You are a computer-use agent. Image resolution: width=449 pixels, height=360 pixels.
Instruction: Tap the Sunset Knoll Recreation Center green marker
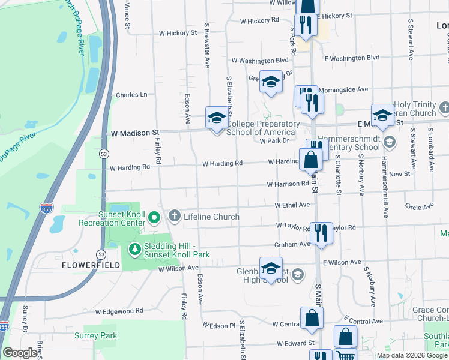click(x=154, y=217)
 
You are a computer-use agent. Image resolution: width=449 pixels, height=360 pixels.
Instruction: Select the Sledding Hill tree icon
click(x=135, y=248)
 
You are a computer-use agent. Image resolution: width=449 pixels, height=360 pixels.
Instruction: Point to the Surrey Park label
click(x=96, y=336)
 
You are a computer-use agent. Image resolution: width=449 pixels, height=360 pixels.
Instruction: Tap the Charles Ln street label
click(x=131, y=95)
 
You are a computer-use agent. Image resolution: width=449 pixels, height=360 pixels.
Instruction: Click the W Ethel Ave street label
click(x=292, y=205)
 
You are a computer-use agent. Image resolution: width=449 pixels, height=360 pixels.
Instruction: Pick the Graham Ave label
click(x=292, y=244)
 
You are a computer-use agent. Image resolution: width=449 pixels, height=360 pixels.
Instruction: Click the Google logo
click(x=20, y=353)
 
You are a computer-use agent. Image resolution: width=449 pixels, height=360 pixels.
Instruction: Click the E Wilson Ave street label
click(x=342, y=262)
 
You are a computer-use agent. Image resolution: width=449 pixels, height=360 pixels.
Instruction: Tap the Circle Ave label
click(x=419, y=206)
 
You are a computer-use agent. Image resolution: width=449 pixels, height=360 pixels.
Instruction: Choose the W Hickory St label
click(x=178, y=33)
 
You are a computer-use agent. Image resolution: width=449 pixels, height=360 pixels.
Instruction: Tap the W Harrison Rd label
click(x=288, y=184)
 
